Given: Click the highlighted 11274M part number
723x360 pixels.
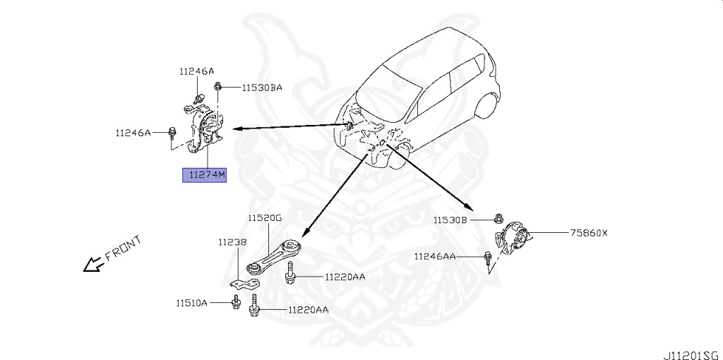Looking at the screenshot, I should (x=205, y=174).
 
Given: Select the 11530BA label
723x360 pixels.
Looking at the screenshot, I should (x=262, y=88).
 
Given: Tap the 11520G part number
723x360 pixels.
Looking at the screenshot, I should (x=265, y=219).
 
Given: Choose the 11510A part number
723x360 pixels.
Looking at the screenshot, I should (x=192, y=303).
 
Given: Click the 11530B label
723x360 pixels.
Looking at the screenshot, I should (x=450, y=220).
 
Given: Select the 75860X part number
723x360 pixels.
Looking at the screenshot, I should (x=589, y=232).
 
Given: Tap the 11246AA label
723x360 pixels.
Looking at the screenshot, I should (x=435, y=256).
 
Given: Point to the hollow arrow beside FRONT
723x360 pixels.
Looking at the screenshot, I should (x=92, y=265).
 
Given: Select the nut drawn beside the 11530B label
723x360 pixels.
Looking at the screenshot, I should (x=499, y=220).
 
